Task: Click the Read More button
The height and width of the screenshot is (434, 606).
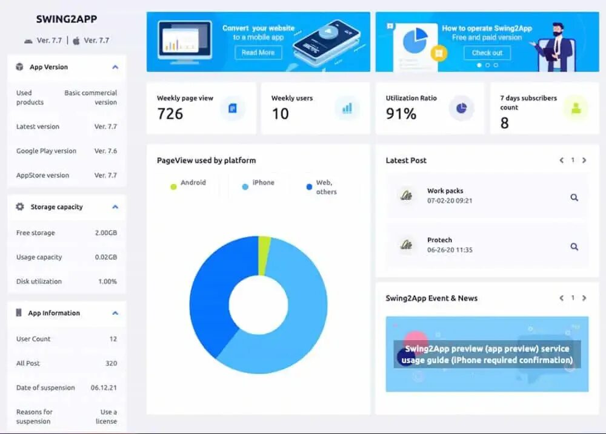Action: coord(258,53)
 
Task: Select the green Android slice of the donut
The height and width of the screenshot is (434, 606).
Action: coord(264,248)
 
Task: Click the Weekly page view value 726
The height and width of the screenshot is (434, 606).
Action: coord(170,113)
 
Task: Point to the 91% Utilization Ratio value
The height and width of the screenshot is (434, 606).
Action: coord(401,113)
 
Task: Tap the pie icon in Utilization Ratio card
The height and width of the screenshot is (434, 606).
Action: coord(461,108)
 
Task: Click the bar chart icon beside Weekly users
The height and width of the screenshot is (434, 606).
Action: coord(347,108)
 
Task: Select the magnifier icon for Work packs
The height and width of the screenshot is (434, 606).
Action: coord(574,197)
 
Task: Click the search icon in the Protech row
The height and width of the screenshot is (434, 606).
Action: coord(574,247)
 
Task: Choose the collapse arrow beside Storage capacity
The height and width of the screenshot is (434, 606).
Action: coord(115,207)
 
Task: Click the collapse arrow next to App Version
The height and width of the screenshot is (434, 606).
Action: coord(115,67)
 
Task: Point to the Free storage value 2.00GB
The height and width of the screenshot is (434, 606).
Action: coord(106,233)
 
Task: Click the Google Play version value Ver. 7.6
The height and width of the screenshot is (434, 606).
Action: coord(106,151)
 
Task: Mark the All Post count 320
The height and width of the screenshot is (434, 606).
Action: coord(111,364)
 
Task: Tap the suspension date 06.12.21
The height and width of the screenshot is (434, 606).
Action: coord(104,388)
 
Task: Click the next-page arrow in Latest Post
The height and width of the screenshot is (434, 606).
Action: coord(584,160)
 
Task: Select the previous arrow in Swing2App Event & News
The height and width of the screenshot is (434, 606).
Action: coord(561,298)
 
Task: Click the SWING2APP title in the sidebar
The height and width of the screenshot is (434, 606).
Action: coord(67,19)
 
